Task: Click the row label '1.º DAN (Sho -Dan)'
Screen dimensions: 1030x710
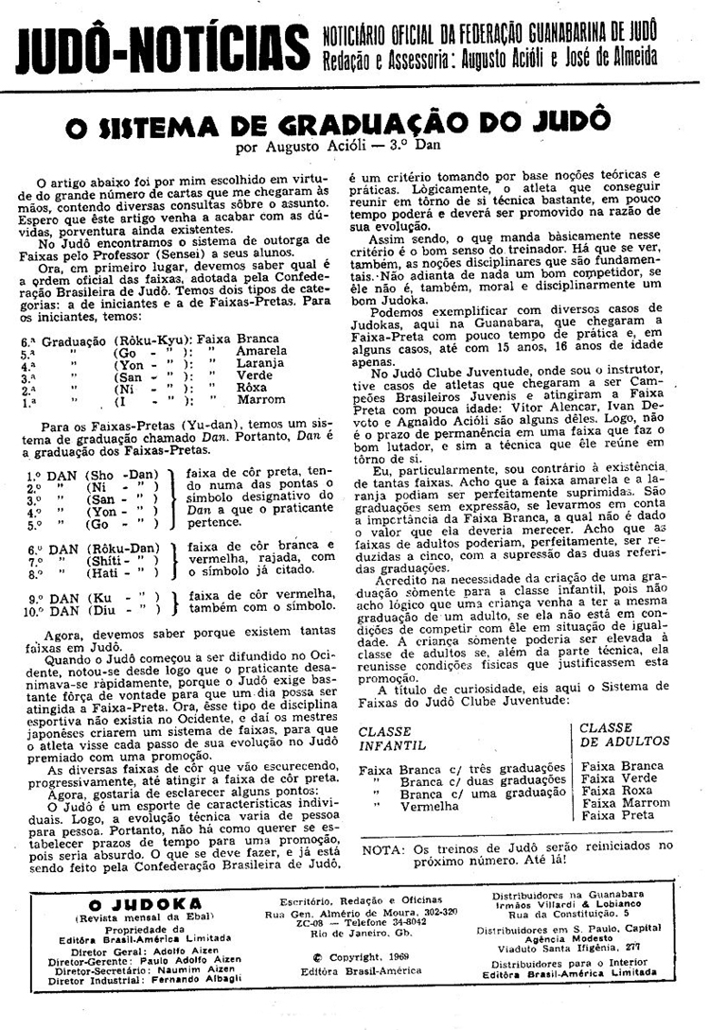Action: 92,474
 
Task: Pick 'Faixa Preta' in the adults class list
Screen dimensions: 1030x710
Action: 617,815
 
